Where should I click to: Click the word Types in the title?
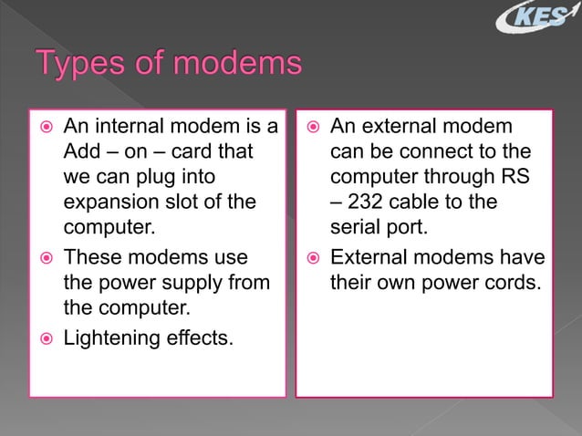pos(86,66)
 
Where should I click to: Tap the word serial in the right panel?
pos(358,224)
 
